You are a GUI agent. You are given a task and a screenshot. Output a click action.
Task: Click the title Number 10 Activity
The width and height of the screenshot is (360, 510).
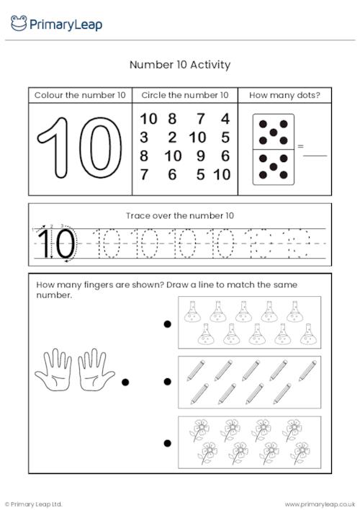coord(180,65)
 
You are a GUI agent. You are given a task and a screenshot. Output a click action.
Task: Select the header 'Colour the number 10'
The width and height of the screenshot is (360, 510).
coord(80,95)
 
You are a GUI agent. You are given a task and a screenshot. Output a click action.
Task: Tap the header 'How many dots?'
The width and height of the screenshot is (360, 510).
coord(284,95)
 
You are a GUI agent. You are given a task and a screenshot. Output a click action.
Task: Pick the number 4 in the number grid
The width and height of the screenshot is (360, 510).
coord(225,119)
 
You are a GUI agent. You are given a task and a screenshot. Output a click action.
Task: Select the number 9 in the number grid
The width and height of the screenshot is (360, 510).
coord(201,156)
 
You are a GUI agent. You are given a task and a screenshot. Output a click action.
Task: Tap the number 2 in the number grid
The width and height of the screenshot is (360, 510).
coord(172,138)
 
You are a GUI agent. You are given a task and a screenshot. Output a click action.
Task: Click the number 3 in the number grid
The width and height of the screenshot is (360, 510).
coord(144,138)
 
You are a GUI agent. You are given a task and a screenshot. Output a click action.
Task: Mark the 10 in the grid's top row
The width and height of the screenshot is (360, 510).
coord(148,119)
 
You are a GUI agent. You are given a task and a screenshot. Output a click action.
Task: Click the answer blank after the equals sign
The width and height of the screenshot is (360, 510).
coord(316,154)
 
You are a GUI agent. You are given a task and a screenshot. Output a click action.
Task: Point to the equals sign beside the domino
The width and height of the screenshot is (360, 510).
coord(300,147)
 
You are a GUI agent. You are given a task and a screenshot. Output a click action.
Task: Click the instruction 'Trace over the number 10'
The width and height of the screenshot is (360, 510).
coord(180,215)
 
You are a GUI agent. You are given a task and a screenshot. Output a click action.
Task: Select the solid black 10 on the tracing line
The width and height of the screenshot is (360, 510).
coord(56,243)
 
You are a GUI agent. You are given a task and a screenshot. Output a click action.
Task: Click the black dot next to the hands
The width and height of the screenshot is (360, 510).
coord(125,382)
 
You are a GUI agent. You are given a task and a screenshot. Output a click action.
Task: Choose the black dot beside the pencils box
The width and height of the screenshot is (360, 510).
coord(167,382)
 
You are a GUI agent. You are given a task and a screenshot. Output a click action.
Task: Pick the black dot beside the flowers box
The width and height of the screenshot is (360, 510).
coord(167,442)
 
